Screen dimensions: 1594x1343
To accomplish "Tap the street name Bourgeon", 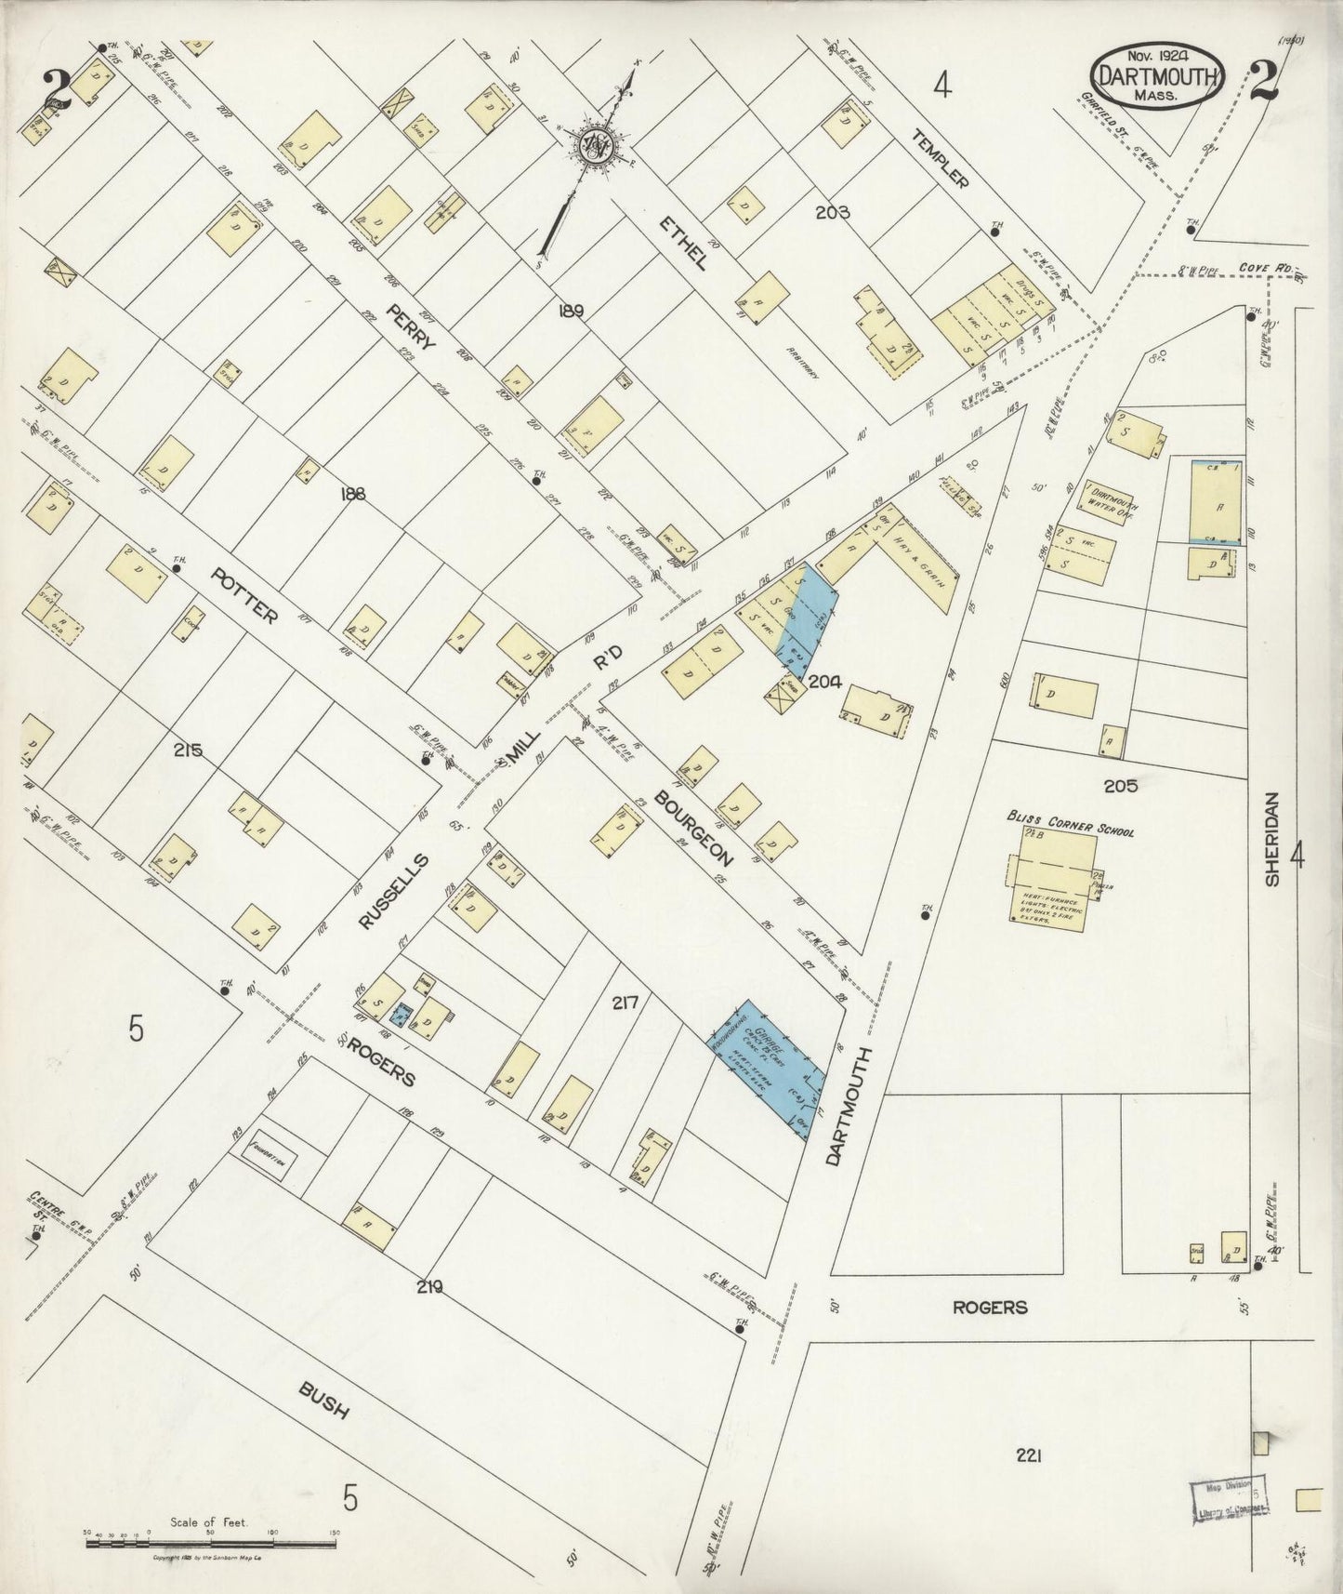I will pos(693,827).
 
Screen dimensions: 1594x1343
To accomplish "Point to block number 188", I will pos(354,495).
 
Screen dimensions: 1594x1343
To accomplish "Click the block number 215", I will pos(187,751).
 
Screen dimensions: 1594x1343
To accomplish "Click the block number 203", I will pos(834,212).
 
